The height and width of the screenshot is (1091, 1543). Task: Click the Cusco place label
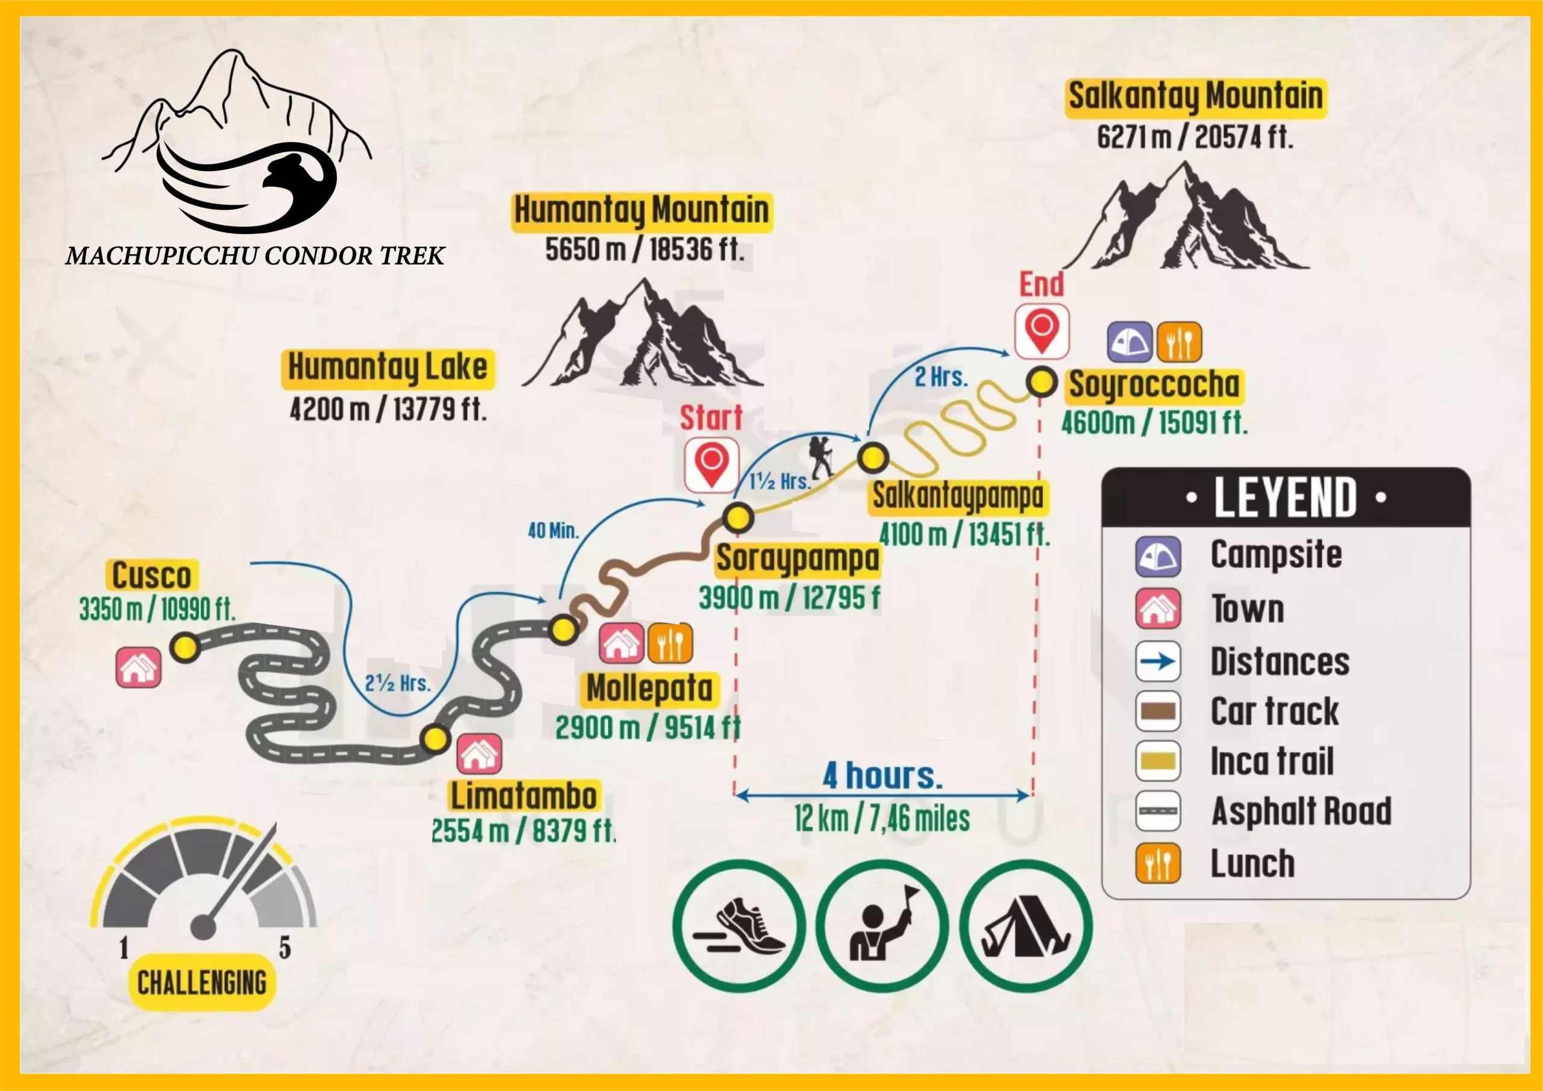click(x=151, y=576)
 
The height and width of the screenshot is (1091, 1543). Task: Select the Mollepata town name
click(x=649, y=689)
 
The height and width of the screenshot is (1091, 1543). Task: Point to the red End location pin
click(x=1042, y=331)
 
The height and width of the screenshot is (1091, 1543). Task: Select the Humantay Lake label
click(x=388, y=367)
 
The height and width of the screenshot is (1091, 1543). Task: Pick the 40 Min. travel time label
click(x=553, y=531)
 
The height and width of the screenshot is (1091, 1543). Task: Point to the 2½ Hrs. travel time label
click(x=397, y=684)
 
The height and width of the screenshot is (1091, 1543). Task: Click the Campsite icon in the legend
click(x=1158, y=556)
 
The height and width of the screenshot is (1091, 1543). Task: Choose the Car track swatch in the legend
click(x=1158, y=711)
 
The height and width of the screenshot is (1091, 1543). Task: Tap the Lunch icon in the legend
click(x=1158, y=863)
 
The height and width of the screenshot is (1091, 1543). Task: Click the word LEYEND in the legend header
click(x=1285, y=498)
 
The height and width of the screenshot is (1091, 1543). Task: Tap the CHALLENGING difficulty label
click(x=201, y=983)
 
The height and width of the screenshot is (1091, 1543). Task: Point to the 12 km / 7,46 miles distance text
click(x=882, y=819)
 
